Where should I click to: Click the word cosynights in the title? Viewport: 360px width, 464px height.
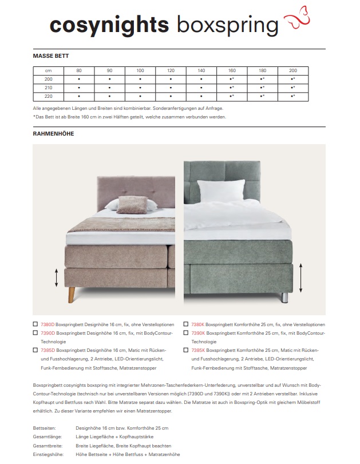tap(109, 25)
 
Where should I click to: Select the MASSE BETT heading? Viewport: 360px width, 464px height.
tap(51, 56)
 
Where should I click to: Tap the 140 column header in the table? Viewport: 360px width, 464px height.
tap(201, 70)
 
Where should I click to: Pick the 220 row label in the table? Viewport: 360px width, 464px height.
tap(48, 96)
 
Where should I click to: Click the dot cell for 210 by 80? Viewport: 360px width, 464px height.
tap(79, 88)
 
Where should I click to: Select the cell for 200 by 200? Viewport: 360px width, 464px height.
tap(292, 79)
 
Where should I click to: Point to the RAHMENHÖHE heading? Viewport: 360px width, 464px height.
tap(54, 133)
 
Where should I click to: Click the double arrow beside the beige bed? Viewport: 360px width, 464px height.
tap(56, 278)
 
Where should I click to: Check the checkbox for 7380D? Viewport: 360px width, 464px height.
tap(36, 324)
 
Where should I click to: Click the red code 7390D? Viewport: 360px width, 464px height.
tap(48, 332)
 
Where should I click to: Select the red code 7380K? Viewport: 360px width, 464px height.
tap(198, 324)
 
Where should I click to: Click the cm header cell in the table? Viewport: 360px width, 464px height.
tap(48, 70)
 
